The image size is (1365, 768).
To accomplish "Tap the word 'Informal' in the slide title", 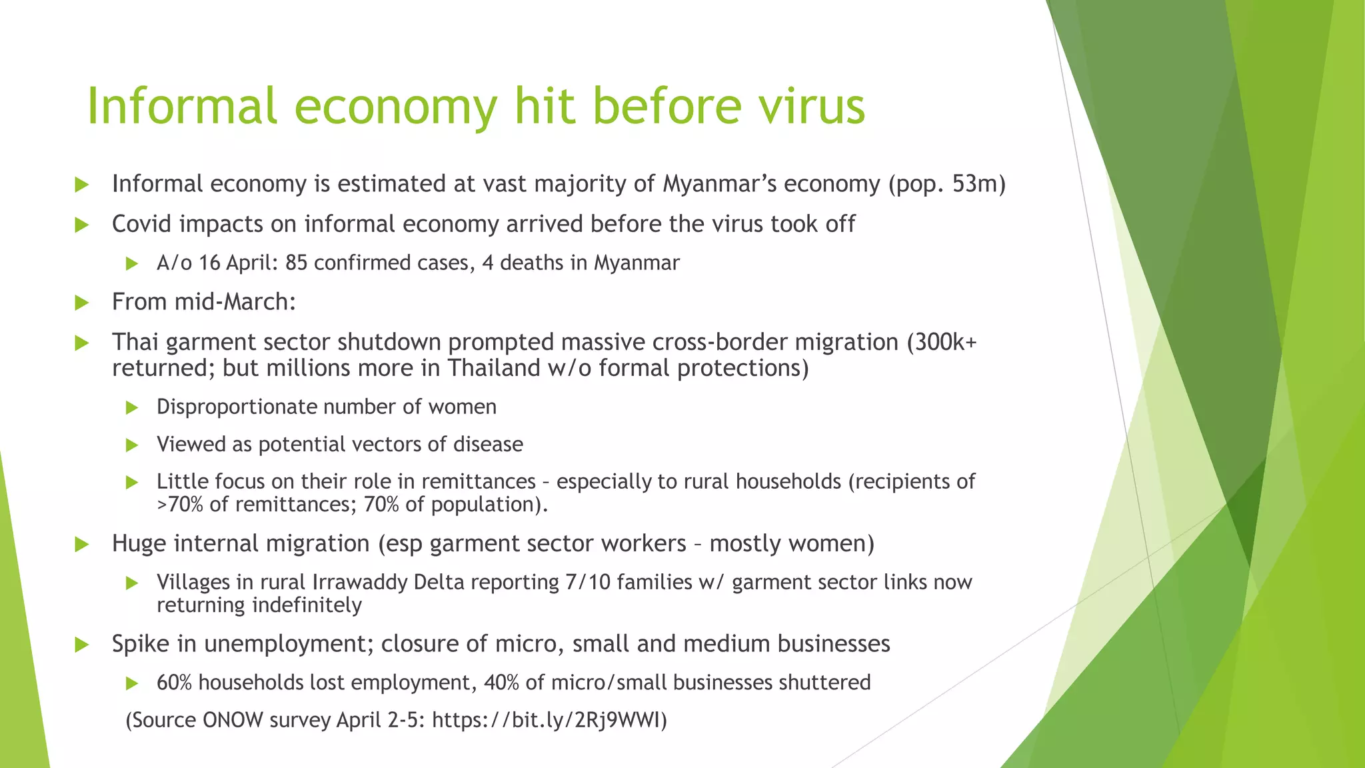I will point(181,107).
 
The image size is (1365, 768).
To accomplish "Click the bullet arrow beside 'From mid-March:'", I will point(82,303).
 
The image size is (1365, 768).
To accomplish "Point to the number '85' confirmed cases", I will point(296,263).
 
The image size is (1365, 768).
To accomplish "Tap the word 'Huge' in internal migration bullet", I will point(139,544).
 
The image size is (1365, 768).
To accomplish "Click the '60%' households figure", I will point(174,683).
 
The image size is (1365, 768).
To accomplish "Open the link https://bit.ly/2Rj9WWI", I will point(547,721).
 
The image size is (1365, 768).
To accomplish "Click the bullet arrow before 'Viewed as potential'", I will point(132,445).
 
